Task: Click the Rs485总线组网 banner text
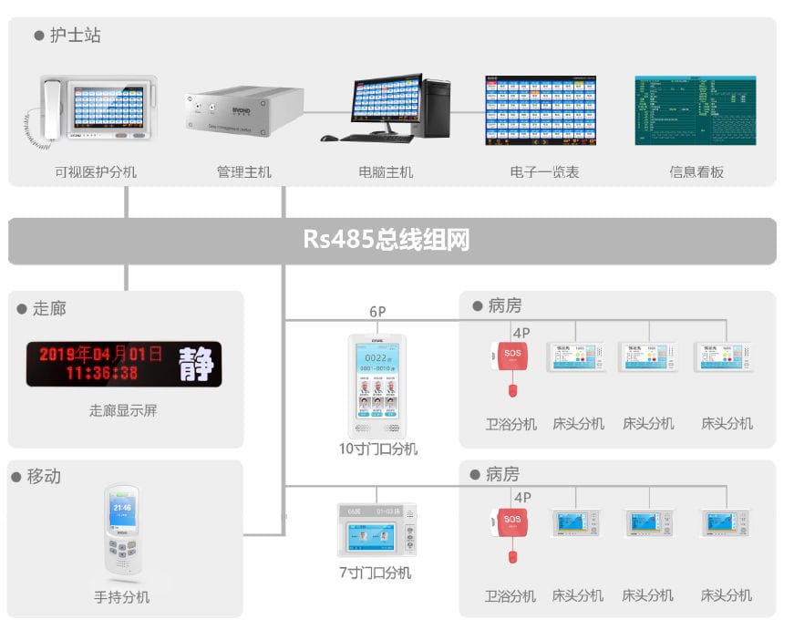tap(387, 241)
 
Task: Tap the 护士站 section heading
tap(75, 36)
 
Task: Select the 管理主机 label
tap(243, 171)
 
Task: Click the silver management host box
tap(243, 111)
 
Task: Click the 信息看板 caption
tap(696, 171)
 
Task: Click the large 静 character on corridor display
tap(196, 364)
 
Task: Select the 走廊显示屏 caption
tap(123, 410)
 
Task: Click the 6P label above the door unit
tap(377, 312)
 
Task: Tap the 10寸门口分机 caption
tap(378, 449)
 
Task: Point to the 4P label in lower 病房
tap(522, 498)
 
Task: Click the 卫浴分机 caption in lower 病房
tap(510, 595)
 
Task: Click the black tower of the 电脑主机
tap(437, 106)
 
